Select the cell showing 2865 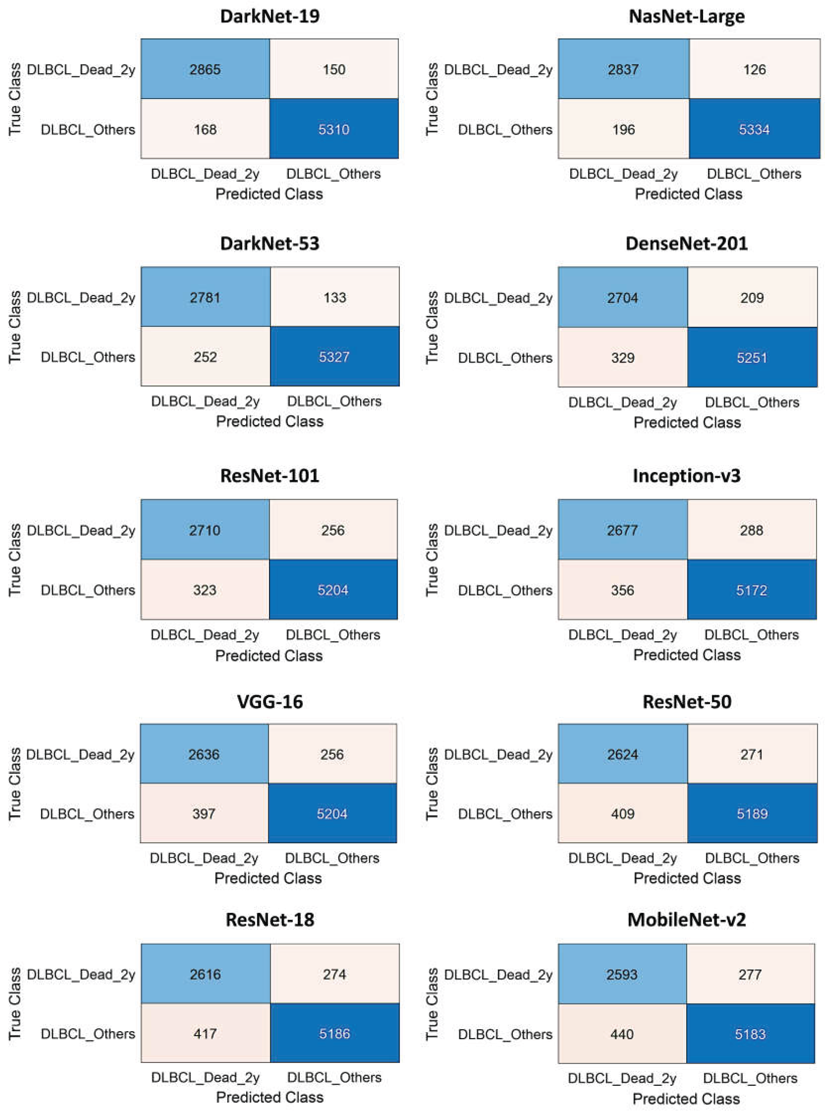pyautogui.click(x=205, y=69)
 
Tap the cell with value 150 pyautogui.click(x=334, y=69)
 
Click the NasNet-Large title pyautogui.click(x=687, y=16)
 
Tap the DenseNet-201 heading pyautogui.click(x=687, y=243)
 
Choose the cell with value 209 pyautogui.click(x=752, y=298)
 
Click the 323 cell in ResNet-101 pyautogui.click(x=205, y=590)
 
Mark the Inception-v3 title pyautogui.click(x=687, y=475)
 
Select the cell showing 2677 pyautogui.click(x=622, y=530)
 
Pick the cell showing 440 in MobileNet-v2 pyautogui.click(x=622, y=1034)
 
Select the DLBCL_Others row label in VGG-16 pyautogui.click(x=87, y=814)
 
